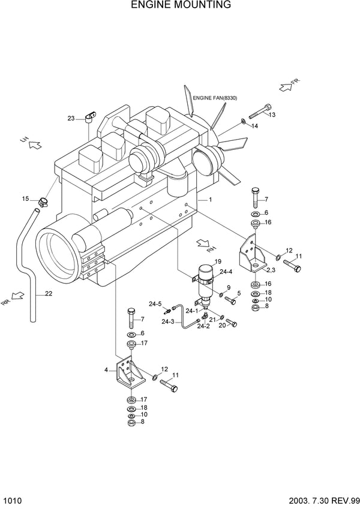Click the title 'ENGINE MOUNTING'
(181, 5)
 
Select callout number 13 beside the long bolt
(271, 115)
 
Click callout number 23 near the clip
(71, 119)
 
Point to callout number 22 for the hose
(48, 293)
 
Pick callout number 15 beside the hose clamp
(26, 198)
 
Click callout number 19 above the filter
(218, 261)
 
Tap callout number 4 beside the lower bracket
(106, 370)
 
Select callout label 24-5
(155, 304)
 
